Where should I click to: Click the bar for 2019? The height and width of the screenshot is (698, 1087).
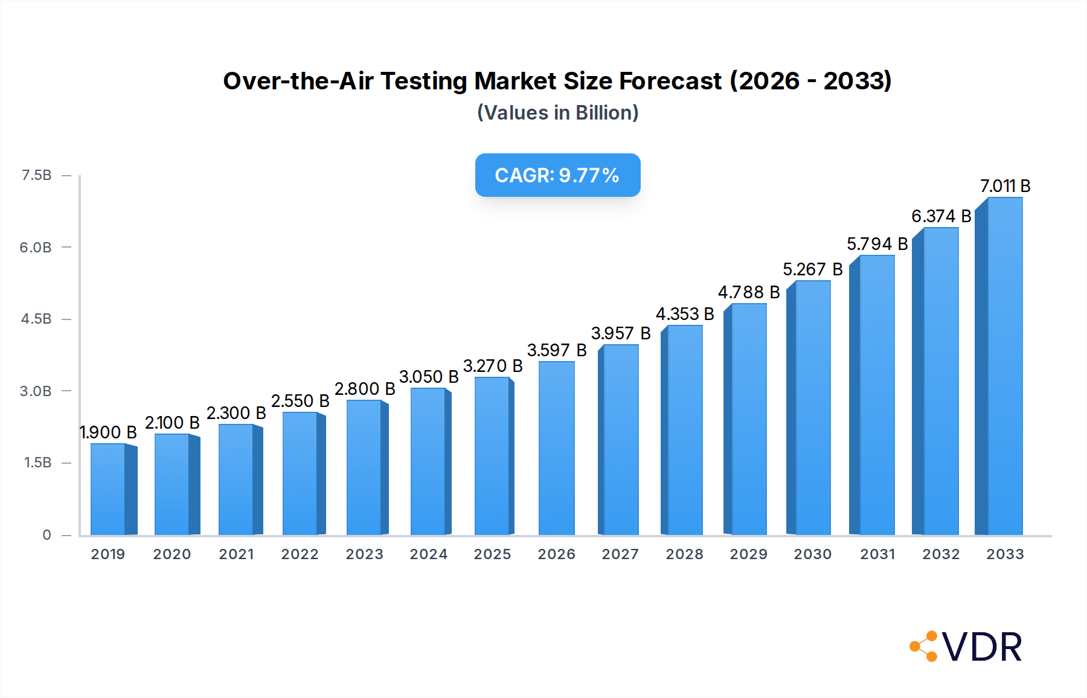(109, 489)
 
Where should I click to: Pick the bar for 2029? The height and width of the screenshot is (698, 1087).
(749, 419)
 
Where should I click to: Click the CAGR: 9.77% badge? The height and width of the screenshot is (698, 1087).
(557, 175)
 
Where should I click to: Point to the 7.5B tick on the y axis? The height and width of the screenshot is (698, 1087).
(36, 175)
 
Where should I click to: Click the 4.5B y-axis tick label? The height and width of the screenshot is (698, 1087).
(36, 319)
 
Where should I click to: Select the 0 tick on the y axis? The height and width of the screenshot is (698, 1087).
(46, 534)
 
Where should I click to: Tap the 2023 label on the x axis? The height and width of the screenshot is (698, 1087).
(364, 554)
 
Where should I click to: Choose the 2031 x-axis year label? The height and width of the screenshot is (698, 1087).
(877, 554)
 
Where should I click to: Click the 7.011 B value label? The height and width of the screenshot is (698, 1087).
(1005, 186)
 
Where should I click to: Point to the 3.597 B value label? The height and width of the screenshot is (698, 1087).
(556, 350)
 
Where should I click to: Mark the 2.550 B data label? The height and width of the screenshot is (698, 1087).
(300, 401)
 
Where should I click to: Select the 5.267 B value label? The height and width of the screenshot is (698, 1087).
(812, 269)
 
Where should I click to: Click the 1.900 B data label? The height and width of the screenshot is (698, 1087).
(109, 432)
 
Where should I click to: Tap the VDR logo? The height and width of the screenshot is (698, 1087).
(966, 647)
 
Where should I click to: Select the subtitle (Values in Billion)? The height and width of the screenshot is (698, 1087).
(557, 113)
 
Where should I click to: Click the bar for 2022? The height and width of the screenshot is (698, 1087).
(300, 473)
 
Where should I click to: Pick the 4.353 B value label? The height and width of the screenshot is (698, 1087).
(685, 314)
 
